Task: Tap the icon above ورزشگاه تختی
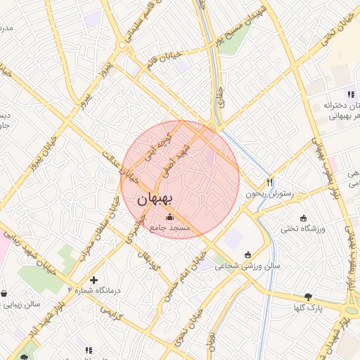(x=303, y=217)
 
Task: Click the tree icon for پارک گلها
(x=308, y=297)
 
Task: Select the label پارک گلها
(x=309, y=307)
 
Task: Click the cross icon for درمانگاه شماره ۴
(x=94, y=280)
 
